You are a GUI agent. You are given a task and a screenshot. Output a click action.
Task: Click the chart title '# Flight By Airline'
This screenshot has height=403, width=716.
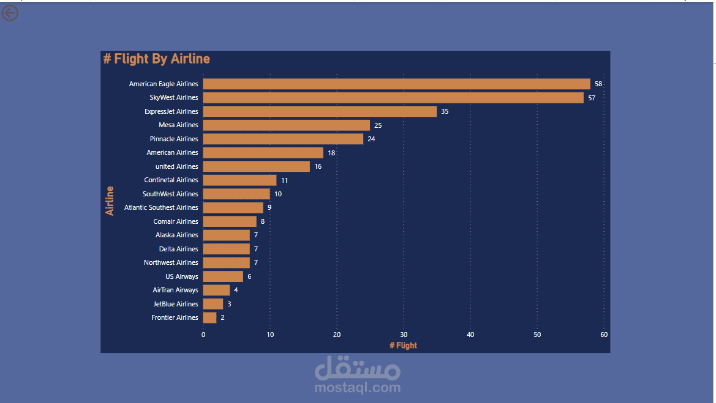click(157, 59)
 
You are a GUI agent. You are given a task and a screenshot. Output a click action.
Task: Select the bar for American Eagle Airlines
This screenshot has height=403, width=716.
click(396, 84)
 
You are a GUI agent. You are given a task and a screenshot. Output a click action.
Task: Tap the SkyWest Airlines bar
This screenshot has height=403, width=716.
click(393, 98)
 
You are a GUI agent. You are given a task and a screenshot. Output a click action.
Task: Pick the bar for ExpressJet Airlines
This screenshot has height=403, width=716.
click(320, 111)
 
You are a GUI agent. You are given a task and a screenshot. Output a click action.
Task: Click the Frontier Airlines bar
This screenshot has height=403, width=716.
click(209, 317)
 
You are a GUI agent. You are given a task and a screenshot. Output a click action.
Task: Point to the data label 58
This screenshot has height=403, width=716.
click(598, 84)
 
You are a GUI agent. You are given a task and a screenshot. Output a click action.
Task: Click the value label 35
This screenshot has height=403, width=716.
click(445, 111)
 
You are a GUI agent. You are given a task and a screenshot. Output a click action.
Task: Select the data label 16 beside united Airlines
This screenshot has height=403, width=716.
click(318, 166)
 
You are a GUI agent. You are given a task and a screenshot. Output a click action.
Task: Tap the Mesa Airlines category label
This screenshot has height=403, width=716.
click(178, 125)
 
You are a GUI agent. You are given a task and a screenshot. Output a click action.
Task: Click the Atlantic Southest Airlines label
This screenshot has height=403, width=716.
click(161, 207)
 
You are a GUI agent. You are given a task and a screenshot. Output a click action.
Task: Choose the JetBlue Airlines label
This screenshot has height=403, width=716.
click(176, 304)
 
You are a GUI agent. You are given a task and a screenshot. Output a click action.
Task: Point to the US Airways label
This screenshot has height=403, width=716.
click(182, 276)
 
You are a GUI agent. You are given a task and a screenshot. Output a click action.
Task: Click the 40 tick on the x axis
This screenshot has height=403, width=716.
click(470, 335)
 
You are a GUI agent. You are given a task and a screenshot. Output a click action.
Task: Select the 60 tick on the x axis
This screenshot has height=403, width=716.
click(604, 335)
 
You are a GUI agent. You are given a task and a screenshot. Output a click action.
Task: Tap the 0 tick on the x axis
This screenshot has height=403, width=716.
click(203, 335)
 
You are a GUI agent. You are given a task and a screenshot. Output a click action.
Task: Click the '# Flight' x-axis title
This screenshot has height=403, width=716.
click(403, 346)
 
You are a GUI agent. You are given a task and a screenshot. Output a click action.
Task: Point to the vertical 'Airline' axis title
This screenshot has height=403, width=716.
click(110, 201)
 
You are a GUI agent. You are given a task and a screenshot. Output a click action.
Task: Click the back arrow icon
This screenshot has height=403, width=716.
click(10, 12)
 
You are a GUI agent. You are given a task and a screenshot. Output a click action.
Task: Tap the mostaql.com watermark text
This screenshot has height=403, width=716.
click(358, 387)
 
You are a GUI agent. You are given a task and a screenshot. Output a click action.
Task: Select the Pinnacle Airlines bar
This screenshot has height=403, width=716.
click(283, 139)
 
